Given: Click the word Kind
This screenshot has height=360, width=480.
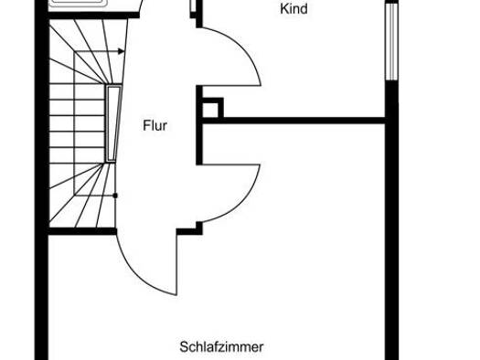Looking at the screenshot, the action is pyautogui.click(x=293, y=8).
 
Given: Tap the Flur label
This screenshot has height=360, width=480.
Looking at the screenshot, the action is pyautogui.click(x=155, y=126).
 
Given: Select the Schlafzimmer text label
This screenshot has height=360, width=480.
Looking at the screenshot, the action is pyautogui.click(x=221, y=347).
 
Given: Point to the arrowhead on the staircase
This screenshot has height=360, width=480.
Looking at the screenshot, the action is pyautogui.click(x=122, y=51).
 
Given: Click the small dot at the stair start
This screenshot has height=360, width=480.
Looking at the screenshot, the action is pyautogui.click(x=115, y=196).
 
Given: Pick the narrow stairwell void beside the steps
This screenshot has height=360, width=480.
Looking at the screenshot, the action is pyautogui.click(x=112, y=124).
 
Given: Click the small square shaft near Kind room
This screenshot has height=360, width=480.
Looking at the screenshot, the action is pyautogui.click(x=210, y=110).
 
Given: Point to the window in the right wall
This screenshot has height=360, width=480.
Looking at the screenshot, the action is pyautogui.click(x=391, y=41).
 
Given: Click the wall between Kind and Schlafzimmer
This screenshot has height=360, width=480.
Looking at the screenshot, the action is pyautogui.click(x=293, y=121).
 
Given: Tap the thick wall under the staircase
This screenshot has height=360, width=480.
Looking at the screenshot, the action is pyautogui.click(x=82, y=231).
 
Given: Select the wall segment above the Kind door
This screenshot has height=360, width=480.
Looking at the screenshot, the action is pyautogui.click(x=199, y=14).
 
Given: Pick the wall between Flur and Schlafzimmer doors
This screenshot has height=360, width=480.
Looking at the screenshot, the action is pyautogui.click(x=199, y=125).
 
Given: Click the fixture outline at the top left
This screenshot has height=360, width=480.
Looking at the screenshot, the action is pyautogui.click(x=80, y=3).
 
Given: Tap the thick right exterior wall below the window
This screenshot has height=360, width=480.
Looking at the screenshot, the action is pyautogui.click(x=391, y=220).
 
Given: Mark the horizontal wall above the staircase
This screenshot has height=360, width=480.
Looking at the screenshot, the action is pyautogui.click(x=93, y=15).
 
